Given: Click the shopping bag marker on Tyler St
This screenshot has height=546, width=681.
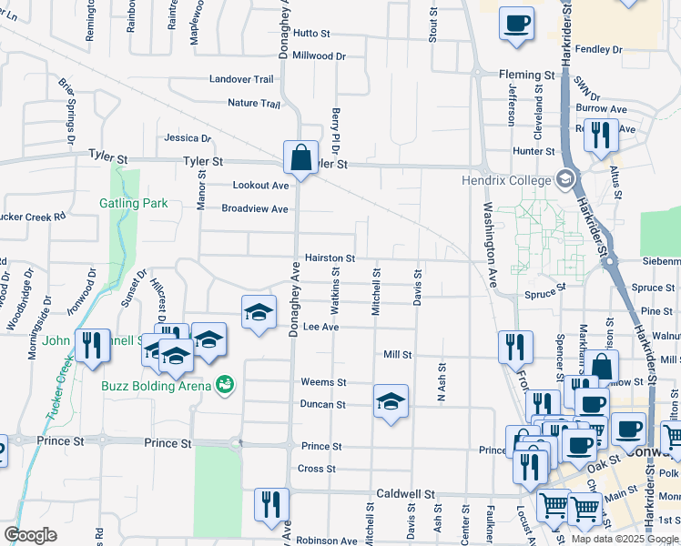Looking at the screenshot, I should (300, 157).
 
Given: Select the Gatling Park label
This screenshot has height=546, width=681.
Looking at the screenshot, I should (134, 203).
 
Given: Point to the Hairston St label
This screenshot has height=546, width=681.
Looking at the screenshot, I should (329, 258).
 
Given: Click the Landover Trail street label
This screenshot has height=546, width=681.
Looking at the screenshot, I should (241, 79).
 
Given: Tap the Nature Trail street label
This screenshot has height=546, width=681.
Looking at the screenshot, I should (254, 103).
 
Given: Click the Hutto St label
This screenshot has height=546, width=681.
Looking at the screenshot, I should (311, 33).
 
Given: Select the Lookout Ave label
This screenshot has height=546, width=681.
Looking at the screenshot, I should (260, 185).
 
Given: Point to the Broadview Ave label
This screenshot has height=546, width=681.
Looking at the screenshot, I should (255, 208).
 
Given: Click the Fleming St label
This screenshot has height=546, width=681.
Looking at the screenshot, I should (526, 75).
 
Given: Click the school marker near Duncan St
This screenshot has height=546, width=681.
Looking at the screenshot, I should (391, 400).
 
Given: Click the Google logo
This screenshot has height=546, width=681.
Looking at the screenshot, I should (30, 535).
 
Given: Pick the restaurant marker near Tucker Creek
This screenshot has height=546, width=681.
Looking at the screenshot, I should (92, 346).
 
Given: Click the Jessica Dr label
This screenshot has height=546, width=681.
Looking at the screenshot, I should (188, 138).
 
